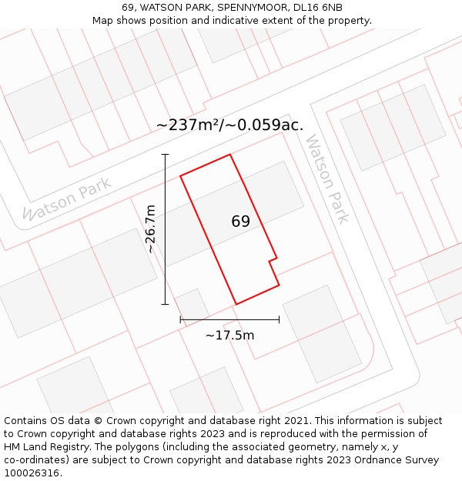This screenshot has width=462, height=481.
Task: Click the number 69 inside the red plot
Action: coord(240,222)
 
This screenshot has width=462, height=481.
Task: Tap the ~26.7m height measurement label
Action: coord(150,229)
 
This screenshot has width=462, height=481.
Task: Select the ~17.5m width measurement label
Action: coord(229,335)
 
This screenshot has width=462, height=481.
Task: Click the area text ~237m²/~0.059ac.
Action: coord(229,125)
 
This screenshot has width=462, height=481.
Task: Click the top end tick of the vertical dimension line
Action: coord(165,155)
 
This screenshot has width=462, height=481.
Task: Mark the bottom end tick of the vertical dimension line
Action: coord(165,304)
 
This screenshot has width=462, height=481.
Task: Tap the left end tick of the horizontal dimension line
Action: coord(180,319)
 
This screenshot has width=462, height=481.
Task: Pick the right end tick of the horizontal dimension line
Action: coord(279,319)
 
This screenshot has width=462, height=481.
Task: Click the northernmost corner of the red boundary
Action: coord(230,155)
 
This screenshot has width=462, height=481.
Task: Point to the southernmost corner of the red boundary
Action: coord(236,304)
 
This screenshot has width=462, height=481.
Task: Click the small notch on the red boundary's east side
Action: coord(273,259)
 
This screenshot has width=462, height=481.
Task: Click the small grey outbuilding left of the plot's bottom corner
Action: coord(192,305)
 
